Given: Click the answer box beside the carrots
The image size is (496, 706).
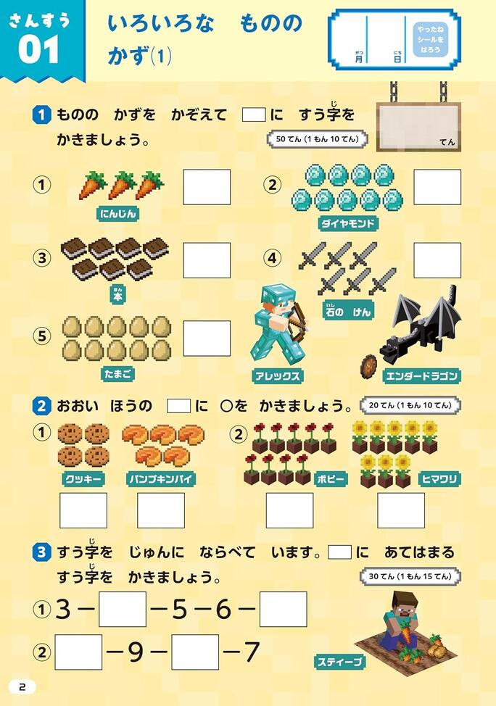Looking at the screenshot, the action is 207,187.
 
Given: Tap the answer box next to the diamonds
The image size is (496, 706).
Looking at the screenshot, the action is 437,187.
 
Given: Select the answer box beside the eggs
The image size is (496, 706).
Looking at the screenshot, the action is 207,339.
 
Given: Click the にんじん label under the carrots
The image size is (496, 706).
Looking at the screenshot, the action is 118,213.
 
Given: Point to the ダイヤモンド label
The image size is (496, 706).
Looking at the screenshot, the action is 347,223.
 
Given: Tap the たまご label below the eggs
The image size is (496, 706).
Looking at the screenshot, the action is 118,374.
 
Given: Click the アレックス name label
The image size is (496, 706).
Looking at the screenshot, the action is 277,376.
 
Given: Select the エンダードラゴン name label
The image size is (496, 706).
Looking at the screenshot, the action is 421,376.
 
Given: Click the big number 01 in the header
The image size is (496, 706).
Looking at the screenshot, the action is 38,49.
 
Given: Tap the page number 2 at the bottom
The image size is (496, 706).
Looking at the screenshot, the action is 22,687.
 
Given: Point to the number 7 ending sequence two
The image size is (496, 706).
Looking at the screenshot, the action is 252,652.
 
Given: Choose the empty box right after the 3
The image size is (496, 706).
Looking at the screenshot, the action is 123,609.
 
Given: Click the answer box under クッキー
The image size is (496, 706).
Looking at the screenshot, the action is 83,510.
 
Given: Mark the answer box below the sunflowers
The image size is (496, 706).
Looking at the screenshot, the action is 401,510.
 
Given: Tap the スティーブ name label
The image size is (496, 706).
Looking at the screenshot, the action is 339,662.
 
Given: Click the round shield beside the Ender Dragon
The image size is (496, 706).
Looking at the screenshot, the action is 369,365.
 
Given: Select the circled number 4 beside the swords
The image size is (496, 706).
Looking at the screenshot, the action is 272,258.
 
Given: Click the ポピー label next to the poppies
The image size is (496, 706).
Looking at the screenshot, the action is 331,478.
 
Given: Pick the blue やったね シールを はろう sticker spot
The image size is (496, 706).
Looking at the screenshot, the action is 430,40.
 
